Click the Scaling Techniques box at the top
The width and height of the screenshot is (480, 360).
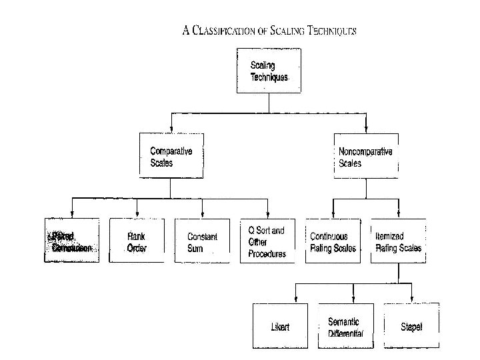click(x=268, y=71)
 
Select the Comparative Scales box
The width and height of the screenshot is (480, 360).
click(x=171, y=156)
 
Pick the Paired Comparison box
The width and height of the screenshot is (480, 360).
click(x=72, y=241)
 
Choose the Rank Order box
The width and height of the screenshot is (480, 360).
click(x=137, y=241)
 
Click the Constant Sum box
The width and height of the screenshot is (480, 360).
click(x=202, y=241)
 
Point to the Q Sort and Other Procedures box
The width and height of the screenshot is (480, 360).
click(x=267, y=241)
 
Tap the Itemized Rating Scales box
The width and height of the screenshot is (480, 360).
click(x=398, y=241)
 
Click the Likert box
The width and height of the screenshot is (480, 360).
click(x=281, y=325)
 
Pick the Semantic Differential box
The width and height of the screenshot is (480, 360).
click(x=346, y=325)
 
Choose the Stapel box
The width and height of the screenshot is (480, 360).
click(x=412, y=325)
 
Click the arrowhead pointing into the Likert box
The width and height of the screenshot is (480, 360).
click(x=295, y=300)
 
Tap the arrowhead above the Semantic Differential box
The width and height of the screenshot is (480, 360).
click(x=353, y=300)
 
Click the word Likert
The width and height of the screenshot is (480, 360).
click(x=281, y=327)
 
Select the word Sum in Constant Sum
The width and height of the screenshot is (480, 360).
click(x=195, y=249)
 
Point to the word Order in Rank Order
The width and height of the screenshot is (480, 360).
click(x=137, y=249)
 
